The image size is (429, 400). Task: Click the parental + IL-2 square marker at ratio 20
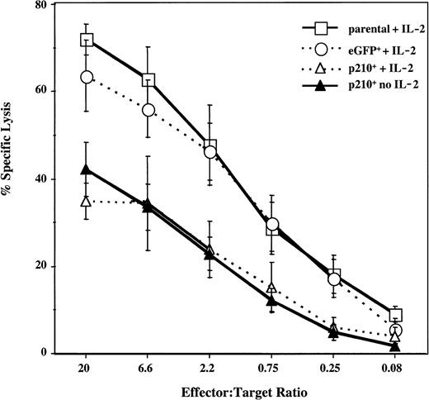click(86, 40)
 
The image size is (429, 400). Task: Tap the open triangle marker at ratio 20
click(86, 201)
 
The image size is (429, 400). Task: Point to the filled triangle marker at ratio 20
click(86, 170)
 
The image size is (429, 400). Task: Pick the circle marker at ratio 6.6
click(148, 110)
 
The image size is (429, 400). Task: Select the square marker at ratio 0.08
click(395, 315)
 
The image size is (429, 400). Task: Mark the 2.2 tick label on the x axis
click(210, 365)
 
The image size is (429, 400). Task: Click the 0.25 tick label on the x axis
click(333, 365)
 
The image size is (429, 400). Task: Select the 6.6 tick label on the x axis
click(148, 365)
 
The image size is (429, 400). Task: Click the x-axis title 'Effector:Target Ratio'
click(240, 390)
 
